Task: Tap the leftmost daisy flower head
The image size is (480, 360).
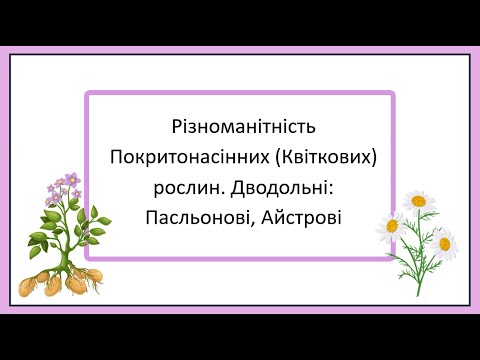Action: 394,225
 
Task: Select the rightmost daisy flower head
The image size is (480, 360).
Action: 444,241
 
